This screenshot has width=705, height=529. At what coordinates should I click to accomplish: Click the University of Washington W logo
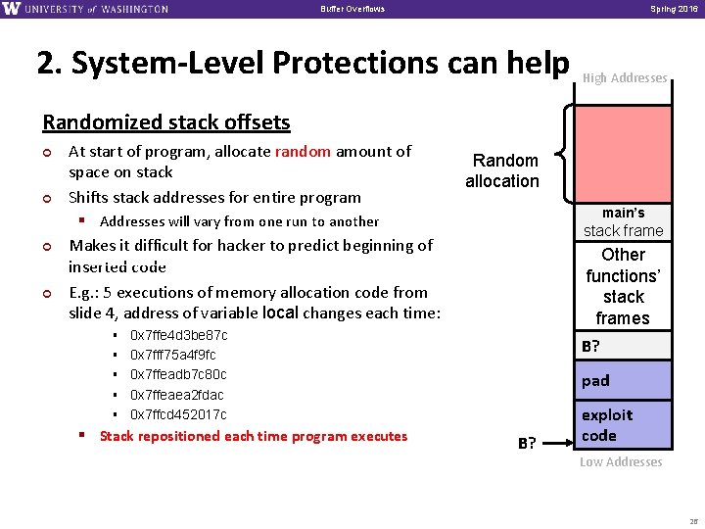click(x=12, y=9)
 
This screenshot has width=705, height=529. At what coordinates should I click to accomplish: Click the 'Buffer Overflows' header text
click(x=352, y=9)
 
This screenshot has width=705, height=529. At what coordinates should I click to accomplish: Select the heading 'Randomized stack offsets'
click(x=165, y=122)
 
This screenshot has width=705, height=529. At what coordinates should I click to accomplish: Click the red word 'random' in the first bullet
click(x=303, y=151)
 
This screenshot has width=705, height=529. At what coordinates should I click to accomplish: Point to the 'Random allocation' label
click(x=502, y=170)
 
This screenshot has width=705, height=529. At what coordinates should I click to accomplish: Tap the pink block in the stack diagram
click(x=622, y=152)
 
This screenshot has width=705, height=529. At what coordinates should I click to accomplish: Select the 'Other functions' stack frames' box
click(x=623, y=286)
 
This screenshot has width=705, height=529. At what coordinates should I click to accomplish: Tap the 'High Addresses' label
click(x=625, y=78)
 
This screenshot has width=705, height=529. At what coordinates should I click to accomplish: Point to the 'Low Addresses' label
click(x=621, y=462)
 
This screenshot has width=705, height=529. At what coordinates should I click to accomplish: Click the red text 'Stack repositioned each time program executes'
click(x=253, y=436)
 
